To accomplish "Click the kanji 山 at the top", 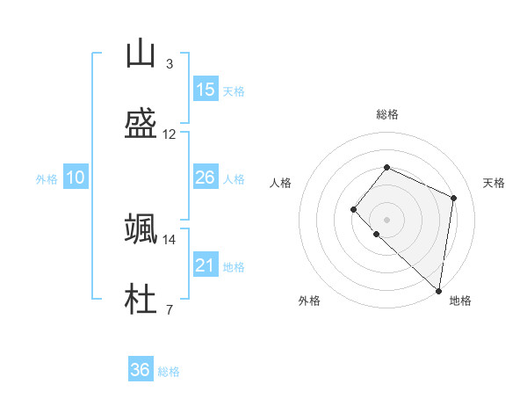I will pyautogui.click(x=141, y=54).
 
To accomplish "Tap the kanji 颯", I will pyautogui.click(x=141, y=228).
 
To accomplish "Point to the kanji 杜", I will pyautogui.click(x=141, y=299).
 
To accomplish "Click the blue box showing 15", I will pyautogui.click(x=206, y=90).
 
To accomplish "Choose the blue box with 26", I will pyautogui.click(x=206, y=178).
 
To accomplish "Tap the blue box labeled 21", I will pyautogui.click(x=206, y=265).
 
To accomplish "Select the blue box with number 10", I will pyautogui.click(x=76, y=178).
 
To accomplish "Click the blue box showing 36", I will pyautogui.click(x=141, y=370).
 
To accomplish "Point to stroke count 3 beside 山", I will pyautogui.click(x=169, y=63).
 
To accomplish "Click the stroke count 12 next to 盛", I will pyautogui.click(x=170, y=134).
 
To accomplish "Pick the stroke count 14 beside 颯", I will pyautogui.click(x=170, y=239).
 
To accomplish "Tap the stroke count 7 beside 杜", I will pyautogui.click(x=169, y=309).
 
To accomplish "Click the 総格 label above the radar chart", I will pyautogui.click(x=386, y=114).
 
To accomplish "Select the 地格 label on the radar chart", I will pyautogui.click(x=460, y=301).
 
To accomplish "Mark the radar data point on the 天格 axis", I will pyautogui.click(x=454, y=198).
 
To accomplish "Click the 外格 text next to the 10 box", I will pyautogui.click(x=47, y=179).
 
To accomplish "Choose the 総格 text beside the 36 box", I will pyautogui.click(x=169, y=372).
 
